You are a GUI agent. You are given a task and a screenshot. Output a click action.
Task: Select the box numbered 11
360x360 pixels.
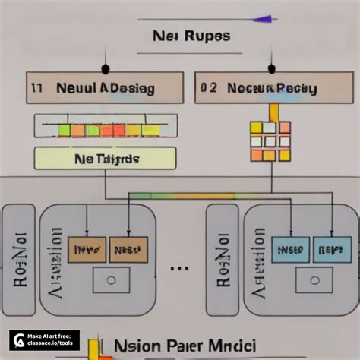pyautogui.click(x=105, y=87)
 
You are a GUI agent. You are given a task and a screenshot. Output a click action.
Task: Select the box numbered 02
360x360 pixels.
pyautogui.click(x=265, y=87)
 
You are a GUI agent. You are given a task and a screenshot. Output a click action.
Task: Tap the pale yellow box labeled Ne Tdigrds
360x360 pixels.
pyautogui.click(x=106, y=159)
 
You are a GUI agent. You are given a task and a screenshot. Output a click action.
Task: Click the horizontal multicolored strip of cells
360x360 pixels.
pyautogui.click(x=106, y=130)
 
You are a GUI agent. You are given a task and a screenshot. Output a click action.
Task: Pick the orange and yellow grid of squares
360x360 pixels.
pyautogui.click(x=270, y=141)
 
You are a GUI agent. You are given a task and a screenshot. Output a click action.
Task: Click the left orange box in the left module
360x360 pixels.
pyautogui.click(x=86, y=249)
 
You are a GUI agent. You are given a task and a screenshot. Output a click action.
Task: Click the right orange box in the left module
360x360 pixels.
pyautogui.click(x=128, y=249)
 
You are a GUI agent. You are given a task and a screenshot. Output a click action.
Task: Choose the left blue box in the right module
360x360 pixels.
pyautogui.click(x=291, y=248)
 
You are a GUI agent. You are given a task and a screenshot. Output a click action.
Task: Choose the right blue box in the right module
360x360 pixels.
pyautogui.click(x=332, y=248)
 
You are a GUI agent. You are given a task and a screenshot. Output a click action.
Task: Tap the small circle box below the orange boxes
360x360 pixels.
pyautogui.click(x=111, y=280)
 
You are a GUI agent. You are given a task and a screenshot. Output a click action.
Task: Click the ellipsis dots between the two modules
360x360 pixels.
pyautogui.click(x=181, y=267)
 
